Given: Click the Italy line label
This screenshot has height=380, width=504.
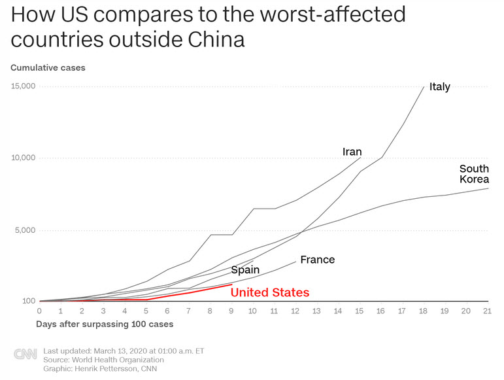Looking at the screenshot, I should pyautogui.click(x=439, y=87).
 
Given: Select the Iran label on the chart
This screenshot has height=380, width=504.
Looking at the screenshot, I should pyautogui.click(x=352, y=152).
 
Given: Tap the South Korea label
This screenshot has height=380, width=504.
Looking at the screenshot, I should pyautogui.click(x=474, y=174).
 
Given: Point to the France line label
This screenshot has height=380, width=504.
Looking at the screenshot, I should pyautogui.click(x=317, y=260).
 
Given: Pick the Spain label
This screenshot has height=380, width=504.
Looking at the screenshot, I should pyautogui.click(x=245, y=269).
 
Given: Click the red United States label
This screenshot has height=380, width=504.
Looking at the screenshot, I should pyautogui.click(x=270, y=292).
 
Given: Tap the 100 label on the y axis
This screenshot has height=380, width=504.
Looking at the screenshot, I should pyautogui.click(x=27, y=302).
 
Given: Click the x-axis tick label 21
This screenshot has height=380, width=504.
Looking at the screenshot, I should pyautogui.click(x=487, y=311).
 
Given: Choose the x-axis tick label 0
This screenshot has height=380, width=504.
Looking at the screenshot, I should pyautogui.click(x=40, y=311).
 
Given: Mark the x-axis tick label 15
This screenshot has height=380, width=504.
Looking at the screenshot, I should pyautogui.click(x=360, y=311).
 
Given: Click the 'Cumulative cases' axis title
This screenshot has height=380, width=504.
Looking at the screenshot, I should pyautogui.click(x=48, y=67).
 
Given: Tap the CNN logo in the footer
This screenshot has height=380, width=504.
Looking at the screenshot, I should pyautogui.click(x=25, y=354).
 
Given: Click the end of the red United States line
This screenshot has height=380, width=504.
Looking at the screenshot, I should pyautogui.click(x=232, y=284).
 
